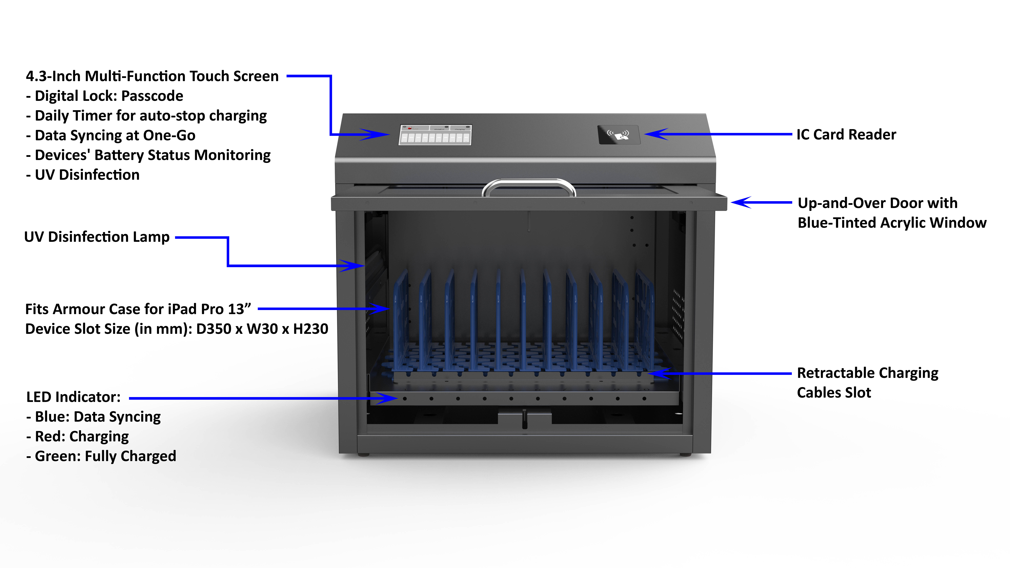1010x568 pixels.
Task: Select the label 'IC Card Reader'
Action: click(846, 135)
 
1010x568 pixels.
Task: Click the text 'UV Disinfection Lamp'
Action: click(97, 237)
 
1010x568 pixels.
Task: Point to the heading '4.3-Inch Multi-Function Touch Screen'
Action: click(152, 76)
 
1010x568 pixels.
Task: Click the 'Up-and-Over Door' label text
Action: click(877, 203)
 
